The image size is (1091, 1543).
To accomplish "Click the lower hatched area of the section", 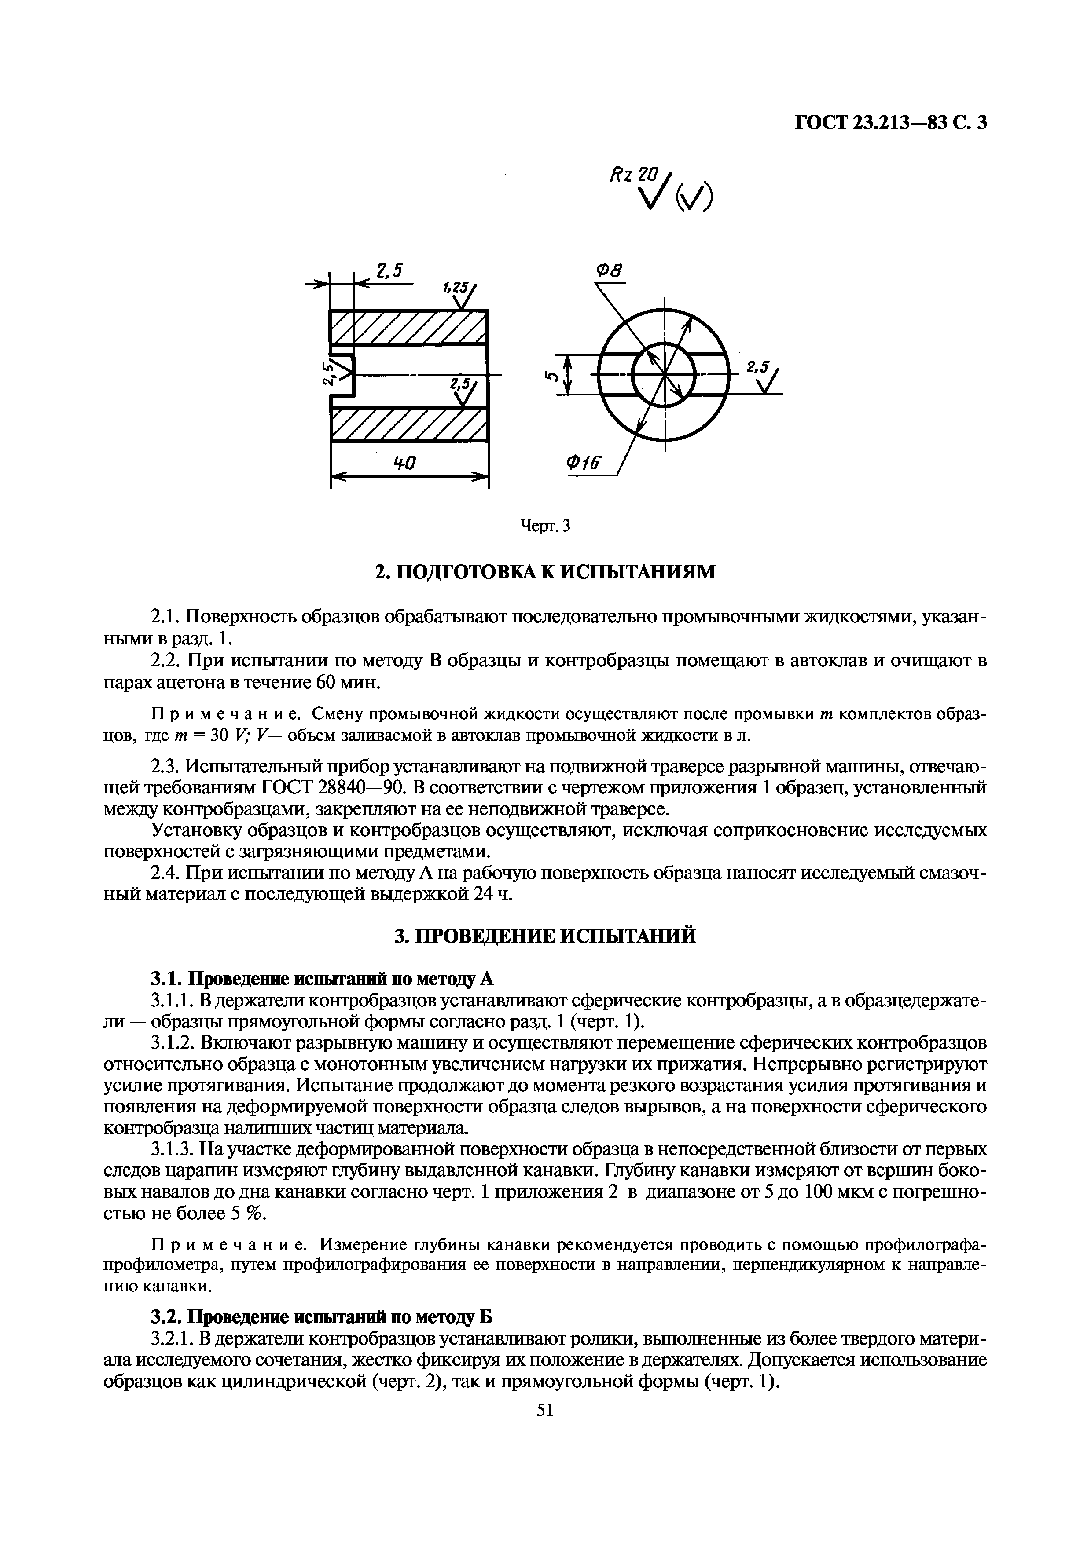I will [409, 424].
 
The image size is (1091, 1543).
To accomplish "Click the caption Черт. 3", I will [545, 526].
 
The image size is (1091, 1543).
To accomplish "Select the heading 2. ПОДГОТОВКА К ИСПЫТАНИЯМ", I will [545, 571].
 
